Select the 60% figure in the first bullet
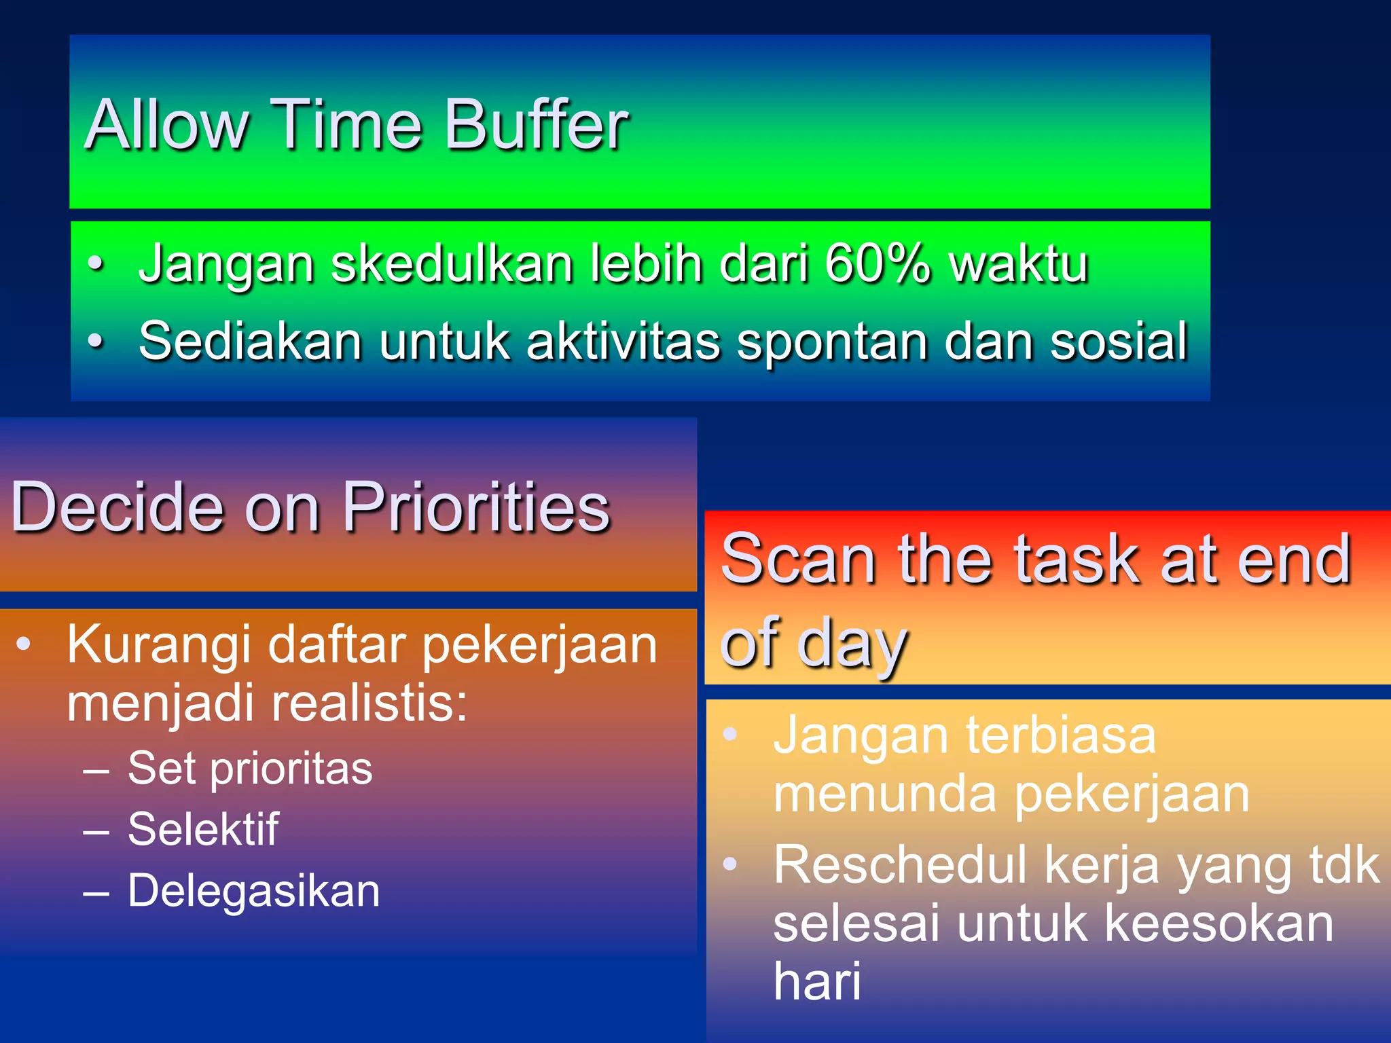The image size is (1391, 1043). (876, 263)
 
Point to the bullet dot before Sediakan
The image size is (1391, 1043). (96, 340)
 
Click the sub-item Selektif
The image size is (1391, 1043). (203, 829)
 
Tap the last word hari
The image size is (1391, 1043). (817, 982)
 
